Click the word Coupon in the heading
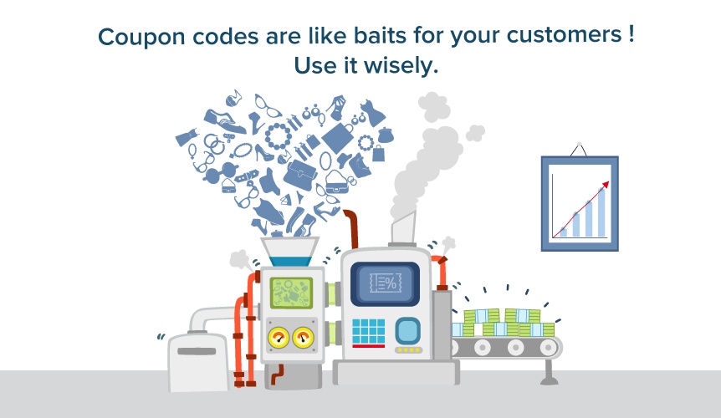point(132,38)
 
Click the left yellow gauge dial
point(276,337)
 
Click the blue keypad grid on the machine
point(368,330)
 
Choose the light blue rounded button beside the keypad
point(407,330)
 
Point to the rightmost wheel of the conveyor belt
point(546,347)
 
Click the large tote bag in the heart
point(339,137)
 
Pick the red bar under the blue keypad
point(368,345)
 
